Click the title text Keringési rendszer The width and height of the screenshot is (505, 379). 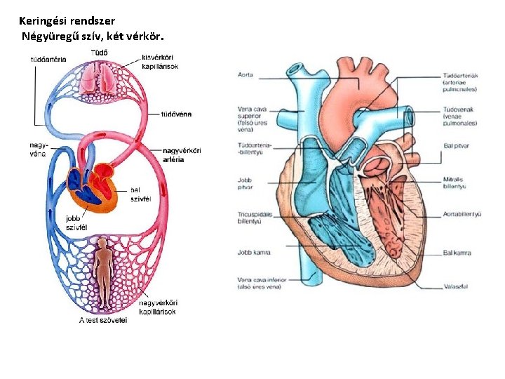click(x=67, y=22)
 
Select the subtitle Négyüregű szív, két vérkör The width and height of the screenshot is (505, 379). click(x=96, y=36)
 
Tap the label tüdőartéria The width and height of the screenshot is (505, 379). click(x=48, y=60)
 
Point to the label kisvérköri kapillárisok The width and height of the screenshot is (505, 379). click(x=159, y=62)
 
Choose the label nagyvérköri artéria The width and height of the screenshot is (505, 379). click(x=182, y=154)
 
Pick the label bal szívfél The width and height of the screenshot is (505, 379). click(x=141, y=194)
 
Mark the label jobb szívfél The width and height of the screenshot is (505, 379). click(x=76, y=222)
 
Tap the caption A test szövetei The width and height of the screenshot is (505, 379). click(x=102, y=321)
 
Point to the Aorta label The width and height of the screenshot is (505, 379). click(x=245, y=74)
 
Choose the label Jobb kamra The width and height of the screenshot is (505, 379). click(x=253, y=252)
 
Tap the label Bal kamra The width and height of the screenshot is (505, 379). click(x=457, y=253)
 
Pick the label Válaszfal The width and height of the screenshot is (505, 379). click(x=457, y=287)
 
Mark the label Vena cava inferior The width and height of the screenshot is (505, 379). click(x=260, y=283)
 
